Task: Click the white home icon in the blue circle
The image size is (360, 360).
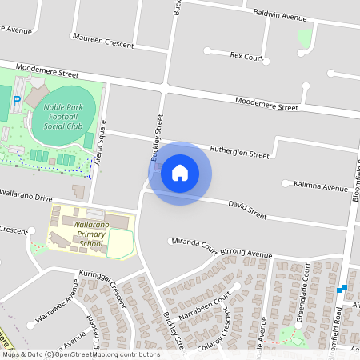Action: pos(180,173)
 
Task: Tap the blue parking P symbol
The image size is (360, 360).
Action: pos(17,102)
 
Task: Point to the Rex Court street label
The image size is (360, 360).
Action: pos(246,57)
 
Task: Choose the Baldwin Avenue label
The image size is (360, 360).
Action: pos(280,16)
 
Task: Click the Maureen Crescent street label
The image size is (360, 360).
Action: pos(102,42)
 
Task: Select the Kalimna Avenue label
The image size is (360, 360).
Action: pos(321,187)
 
